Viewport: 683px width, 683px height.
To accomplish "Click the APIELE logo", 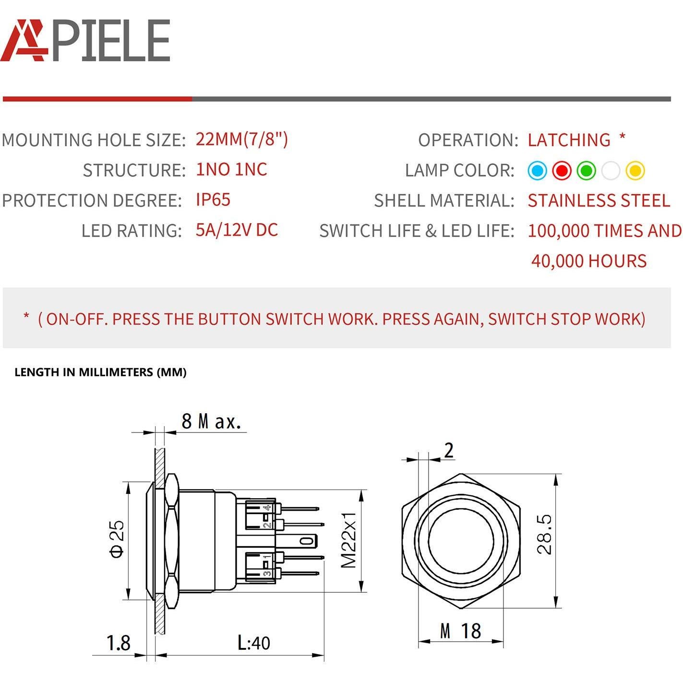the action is point(85,40).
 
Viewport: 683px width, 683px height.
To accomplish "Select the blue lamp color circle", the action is point(537,170).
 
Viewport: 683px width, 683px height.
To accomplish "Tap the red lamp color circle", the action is point(562,170).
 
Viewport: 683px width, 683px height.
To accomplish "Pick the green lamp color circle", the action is point(586,170).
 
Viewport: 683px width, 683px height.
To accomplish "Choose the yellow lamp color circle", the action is point(635,170).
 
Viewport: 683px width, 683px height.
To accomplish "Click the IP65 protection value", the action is point(213,200).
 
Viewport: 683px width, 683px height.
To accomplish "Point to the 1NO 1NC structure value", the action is point(231,170).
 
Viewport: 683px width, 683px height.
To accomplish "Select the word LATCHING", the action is point(569,140).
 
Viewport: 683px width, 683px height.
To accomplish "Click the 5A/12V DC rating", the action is point(237,230).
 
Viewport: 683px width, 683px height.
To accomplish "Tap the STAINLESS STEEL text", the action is point(599,201).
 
